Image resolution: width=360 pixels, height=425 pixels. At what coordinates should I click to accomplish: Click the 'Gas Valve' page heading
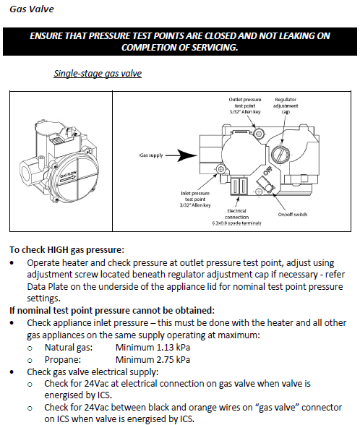tap(32, 9)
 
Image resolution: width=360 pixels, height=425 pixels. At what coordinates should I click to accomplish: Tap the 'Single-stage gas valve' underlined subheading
tap(98, 74)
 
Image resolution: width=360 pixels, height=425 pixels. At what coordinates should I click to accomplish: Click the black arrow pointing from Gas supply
tap(181, 155)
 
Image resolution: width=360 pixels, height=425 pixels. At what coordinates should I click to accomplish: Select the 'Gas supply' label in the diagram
tap(151, 155)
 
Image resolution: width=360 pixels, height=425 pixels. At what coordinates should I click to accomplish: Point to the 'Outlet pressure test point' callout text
tap(245, 106)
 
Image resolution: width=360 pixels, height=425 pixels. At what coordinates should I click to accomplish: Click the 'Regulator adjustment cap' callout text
tap(285, 106)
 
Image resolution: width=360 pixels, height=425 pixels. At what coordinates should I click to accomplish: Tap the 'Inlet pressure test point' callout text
tap(195, 199)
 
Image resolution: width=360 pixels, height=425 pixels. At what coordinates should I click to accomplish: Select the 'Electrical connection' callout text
tap(236, 217)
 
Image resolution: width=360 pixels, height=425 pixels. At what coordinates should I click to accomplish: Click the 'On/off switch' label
tap(293, 215)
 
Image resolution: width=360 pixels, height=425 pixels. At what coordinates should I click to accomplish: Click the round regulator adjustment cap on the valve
tap(280, 154)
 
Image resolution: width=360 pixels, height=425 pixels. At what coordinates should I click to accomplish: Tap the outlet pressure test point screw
tap(259, 133)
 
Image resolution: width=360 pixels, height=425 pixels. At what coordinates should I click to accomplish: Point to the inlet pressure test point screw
tap(221, 169)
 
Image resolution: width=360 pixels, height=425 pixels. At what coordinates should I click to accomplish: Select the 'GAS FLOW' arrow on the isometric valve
tap(69, 178)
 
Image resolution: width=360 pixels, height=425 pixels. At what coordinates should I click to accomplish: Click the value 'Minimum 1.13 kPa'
tap(153, 347)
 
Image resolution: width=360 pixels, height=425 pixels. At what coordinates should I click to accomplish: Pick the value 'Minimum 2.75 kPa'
tap(153, 359)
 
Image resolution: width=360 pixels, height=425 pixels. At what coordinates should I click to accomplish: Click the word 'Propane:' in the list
tap(63, 360)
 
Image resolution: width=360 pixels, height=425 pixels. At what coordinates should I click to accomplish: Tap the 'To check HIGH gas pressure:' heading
tap(67, 249)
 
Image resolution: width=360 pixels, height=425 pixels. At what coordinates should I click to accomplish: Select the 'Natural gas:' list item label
tap(69, 348)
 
